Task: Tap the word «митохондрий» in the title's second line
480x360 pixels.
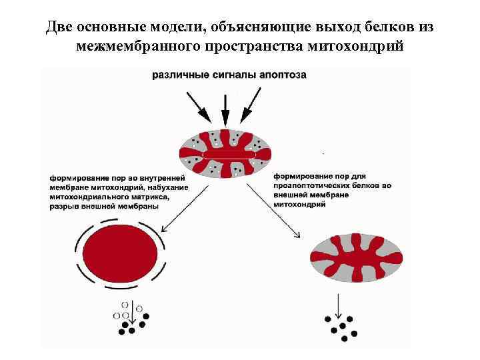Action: point(363,47)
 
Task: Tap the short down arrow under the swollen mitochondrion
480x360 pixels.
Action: point(133,313)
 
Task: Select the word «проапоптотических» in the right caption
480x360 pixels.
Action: point(309,185)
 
